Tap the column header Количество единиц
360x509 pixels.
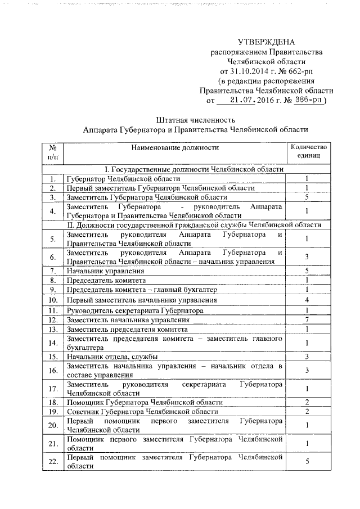[x=307, y=151]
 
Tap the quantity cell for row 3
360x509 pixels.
[x=307, y=197]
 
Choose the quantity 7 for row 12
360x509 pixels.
[x=307, y=320]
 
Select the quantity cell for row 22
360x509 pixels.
[x=307, y=462]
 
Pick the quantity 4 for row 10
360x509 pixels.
[x=307, y=300]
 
